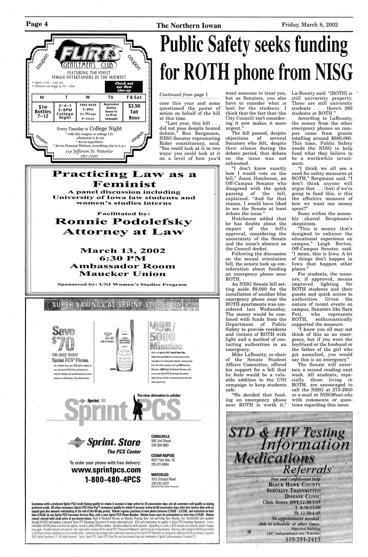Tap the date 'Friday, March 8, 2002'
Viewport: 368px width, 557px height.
310,25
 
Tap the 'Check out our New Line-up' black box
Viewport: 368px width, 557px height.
124,87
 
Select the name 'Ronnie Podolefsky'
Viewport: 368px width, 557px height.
123,221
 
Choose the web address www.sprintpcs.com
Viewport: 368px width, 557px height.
105,470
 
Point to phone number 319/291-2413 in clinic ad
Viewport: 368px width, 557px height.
303,548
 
